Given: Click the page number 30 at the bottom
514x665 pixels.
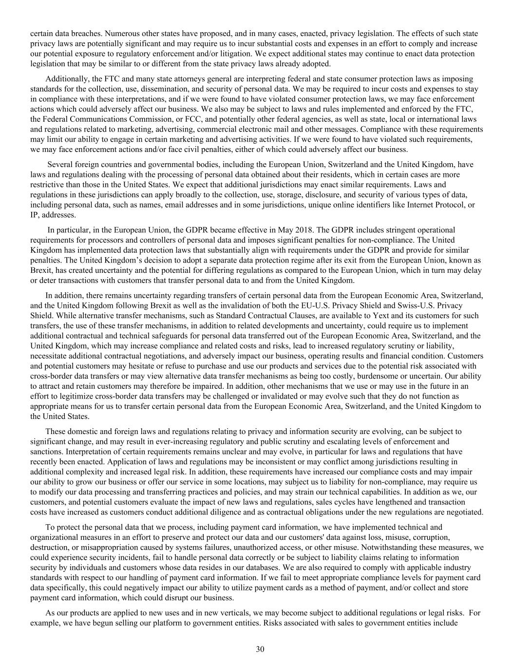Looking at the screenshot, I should pyautogui.click(x=260, y=649).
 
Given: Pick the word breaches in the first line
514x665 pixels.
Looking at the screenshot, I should pyautogui.click(x=85, y=34).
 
